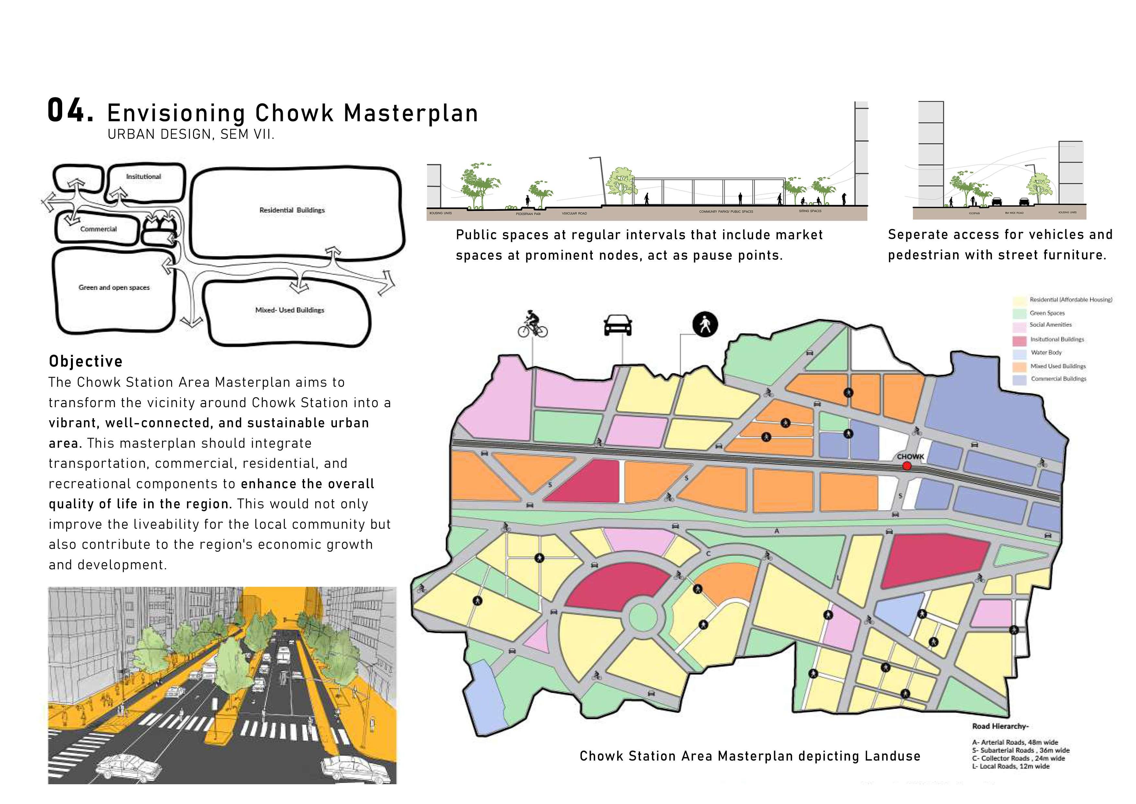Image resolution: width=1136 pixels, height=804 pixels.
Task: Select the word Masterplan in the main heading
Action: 411,113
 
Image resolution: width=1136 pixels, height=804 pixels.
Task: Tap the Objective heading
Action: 86,361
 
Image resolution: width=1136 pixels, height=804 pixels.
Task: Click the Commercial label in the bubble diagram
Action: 98,229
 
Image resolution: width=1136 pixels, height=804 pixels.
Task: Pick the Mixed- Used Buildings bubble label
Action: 290,310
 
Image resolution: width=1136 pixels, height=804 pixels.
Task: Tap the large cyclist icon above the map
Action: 533,325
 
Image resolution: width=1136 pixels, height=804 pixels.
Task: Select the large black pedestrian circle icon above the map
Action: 705,325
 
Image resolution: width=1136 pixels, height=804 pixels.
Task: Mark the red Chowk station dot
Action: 906,465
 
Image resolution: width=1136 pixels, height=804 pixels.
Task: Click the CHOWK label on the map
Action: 910,456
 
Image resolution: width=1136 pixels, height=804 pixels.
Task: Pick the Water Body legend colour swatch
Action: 1019,353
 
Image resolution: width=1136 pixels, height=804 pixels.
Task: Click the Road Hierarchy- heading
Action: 1000,726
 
